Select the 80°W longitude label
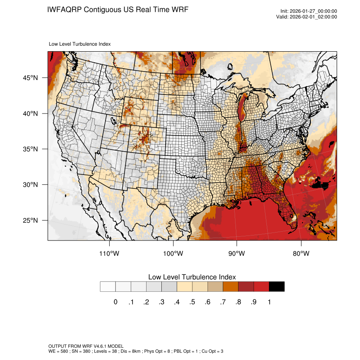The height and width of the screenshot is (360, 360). coord(301,254)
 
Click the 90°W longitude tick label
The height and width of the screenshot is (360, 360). coord(237,254)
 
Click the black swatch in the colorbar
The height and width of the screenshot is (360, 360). coord(277,286)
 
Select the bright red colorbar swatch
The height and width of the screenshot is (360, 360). coord(261,286)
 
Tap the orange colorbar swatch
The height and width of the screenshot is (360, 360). coord(230,286)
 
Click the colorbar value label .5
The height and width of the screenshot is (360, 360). coord(192,302)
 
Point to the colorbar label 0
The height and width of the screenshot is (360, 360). coord(115,302)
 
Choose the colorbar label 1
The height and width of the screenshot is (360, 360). coord(269,302)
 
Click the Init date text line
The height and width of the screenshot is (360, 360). coord(309,11)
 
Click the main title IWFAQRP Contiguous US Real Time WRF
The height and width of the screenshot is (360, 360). coord(118,9)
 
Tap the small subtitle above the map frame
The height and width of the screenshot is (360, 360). coord(80,44)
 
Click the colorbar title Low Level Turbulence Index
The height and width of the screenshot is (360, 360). coord(192,277)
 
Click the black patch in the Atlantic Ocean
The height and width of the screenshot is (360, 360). coord(321,183)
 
